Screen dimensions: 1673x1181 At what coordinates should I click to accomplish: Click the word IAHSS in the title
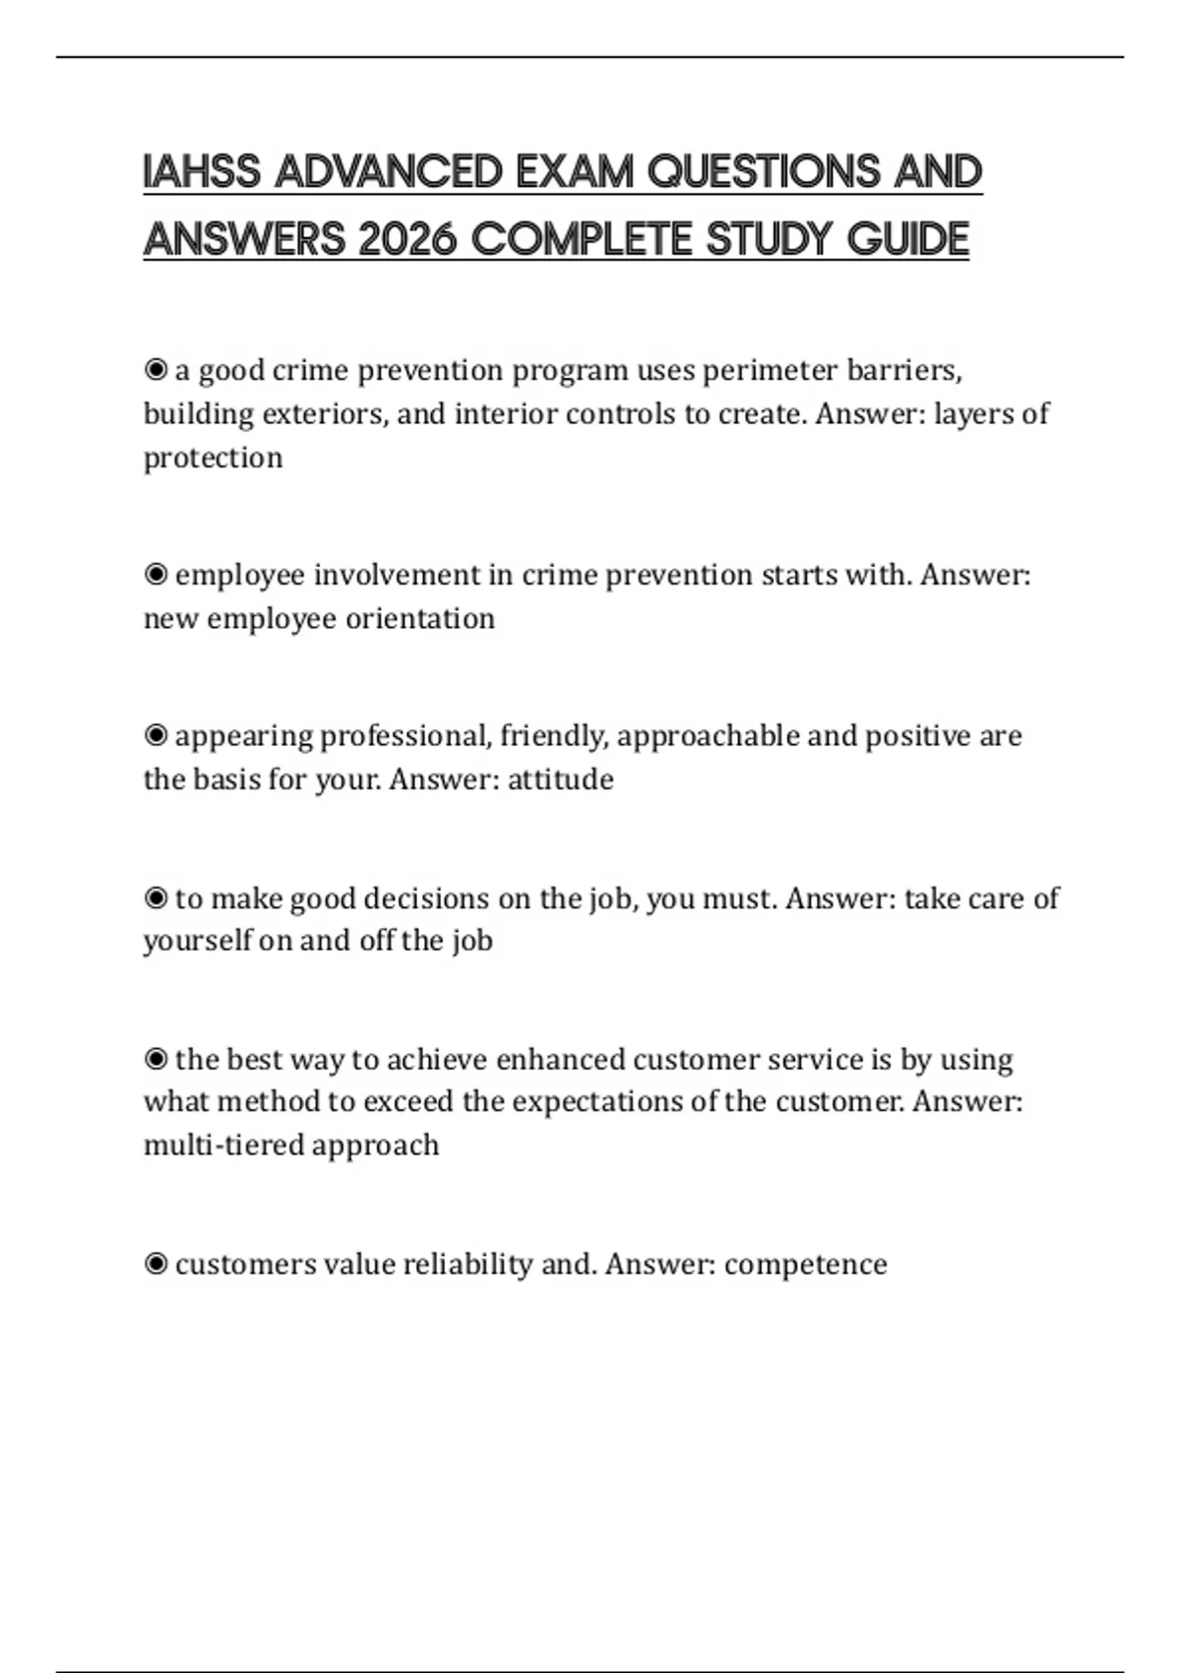[x=202, y=172]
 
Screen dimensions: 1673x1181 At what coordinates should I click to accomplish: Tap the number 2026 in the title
[x=408, y=239]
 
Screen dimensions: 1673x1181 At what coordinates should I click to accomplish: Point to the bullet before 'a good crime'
[x=155, y=370]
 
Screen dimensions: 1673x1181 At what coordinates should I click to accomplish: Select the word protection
[x=213, y=458]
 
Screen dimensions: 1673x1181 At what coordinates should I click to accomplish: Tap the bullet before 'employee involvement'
[x=155, y=574]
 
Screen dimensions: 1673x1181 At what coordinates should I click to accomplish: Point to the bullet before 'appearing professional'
[x=155, y=735]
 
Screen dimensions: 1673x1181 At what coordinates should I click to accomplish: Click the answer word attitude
[x=560, y=779]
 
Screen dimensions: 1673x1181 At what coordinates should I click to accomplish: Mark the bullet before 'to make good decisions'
[x=155, y=898]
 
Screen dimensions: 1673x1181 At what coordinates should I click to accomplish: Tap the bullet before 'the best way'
[x=155, y=1059]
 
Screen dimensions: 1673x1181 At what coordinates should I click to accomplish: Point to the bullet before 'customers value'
[x=155, y=1264]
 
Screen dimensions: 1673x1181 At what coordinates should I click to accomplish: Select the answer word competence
[x=805, y=1264]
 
